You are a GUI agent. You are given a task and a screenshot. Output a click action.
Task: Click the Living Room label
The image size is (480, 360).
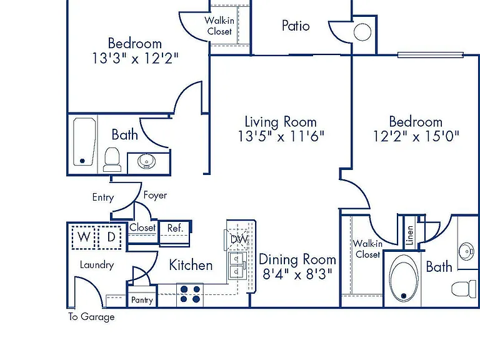[281, 122]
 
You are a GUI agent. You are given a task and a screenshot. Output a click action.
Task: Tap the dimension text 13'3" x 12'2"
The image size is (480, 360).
[135, 58]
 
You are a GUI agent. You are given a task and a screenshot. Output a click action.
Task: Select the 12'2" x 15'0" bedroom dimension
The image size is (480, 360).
[416, 136]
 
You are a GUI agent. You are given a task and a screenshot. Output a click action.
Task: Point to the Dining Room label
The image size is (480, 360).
[297, 259]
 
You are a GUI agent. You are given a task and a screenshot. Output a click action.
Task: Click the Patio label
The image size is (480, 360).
[296, 26]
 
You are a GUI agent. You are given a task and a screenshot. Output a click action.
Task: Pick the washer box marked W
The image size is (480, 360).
[84, 237]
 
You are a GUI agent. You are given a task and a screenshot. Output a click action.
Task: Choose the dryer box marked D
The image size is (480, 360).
[110, 237]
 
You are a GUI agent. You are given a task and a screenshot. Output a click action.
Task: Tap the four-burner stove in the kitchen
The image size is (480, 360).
[190, 294]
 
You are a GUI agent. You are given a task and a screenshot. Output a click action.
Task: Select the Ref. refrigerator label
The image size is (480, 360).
[175, 228]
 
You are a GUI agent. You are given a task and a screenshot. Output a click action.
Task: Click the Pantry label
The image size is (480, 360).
[142, 300]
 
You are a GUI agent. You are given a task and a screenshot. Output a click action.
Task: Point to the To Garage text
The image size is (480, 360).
[91, 317]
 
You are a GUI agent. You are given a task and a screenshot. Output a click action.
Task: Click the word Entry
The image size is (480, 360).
[103, 197]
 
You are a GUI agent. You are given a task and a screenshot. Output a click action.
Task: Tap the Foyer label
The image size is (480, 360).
[155, 195]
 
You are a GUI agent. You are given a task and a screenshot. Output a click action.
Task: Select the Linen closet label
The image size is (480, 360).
[409, 235]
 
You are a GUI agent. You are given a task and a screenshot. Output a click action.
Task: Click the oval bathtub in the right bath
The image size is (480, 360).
[404, 278]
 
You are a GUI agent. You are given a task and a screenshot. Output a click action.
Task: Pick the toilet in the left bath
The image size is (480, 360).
[112, 159]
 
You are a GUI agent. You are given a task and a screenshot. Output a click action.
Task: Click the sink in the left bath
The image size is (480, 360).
[146, 161]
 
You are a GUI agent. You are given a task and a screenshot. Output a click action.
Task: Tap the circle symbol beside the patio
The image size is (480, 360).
[362, 32]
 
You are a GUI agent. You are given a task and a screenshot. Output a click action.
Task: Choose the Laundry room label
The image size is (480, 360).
[97, 265]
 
